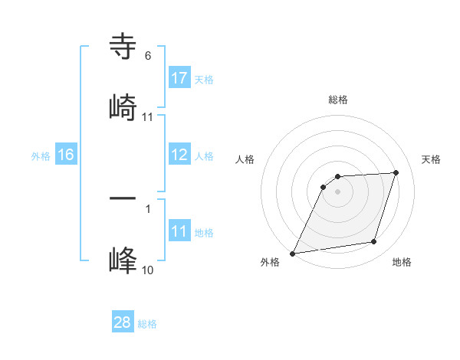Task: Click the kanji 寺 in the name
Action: point(123,47)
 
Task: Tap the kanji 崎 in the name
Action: point(123,106)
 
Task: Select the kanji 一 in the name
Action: point(123,198)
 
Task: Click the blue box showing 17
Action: point(179,78)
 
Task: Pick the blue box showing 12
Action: point(179,155)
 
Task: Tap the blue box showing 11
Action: point(179,231)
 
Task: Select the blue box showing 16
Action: point(65,155)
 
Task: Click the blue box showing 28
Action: point(122,322)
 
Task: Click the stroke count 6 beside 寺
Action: point(148,56)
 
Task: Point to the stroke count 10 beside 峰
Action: point(148,270)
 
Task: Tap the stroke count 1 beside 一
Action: point(148,208)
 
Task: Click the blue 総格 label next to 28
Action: point(147,324)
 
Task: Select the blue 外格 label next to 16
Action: point(41,156)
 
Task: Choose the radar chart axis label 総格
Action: point(338,100)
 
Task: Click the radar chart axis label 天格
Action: point(432,159)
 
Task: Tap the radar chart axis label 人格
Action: point(245,159)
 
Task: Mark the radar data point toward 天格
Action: point(396,172)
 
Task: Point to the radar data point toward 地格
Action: point(374,242)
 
